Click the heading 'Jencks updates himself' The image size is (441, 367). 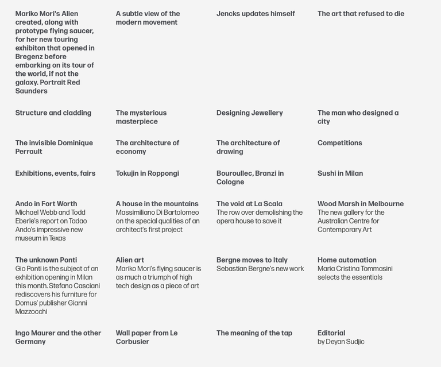[x=256, y=14]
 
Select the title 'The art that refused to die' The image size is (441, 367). [x=361, y=14]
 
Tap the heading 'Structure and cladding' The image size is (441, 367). [x=53, y=113]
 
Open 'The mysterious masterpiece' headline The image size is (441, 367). [x=141, y=117]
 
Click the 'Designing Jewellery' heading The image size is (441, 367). [x=250, y=113]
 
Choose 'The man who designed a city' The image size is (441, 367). [x=358, y=117]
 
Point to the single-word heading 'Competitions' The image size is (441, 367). [x=340, y=143]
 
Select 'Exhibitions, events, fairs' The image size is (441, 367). [x=55, y=173]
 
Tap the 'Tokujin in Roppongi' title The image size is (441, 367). [x=148, y=173]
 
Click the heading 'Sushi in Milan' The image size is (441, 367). [x=340, y=173]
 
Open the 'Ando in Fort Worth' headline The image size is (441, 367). [x=46, y=204]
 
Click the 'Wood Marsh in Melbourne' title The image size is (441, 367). [x=361, y=204]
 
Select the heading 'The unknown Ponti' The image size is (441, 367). [x=46, y=260]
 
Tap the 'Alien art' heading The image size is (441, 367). [x=130, y=260]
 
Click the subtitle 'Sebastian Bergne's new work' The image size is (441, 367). [x=260, y=269]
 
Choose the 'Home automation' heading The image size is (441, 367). [x=347, y=260]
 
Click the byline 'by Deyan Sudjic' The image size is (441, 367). [x=341, y=342]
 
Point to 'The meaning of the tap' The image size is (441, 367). [x=254, y=333]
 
